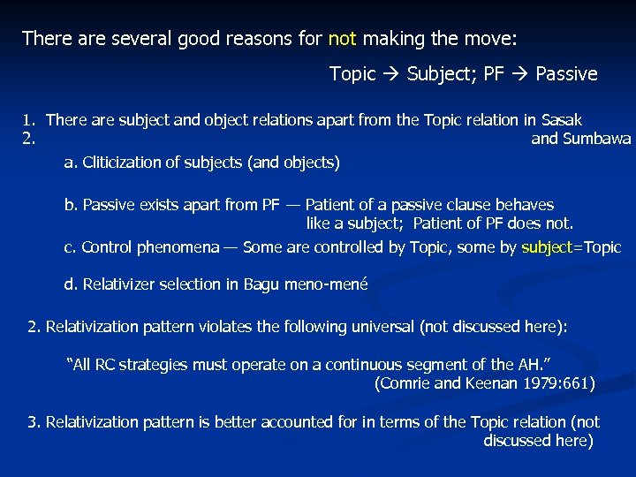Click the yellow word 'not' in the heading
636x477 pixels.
tap(342, 39)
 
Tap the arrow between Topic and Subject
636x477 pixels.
tap(391, 74)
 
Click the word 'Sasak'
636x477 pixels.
tap(563, 120)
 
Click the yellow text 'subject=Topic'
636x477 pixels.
tap(572, 247)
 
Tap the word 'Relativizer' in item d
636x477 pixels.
tap(121, 284)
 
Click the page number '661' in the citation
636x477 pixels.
tap(575, 383)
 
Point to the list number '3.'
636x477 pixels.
tap(34, 422)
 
